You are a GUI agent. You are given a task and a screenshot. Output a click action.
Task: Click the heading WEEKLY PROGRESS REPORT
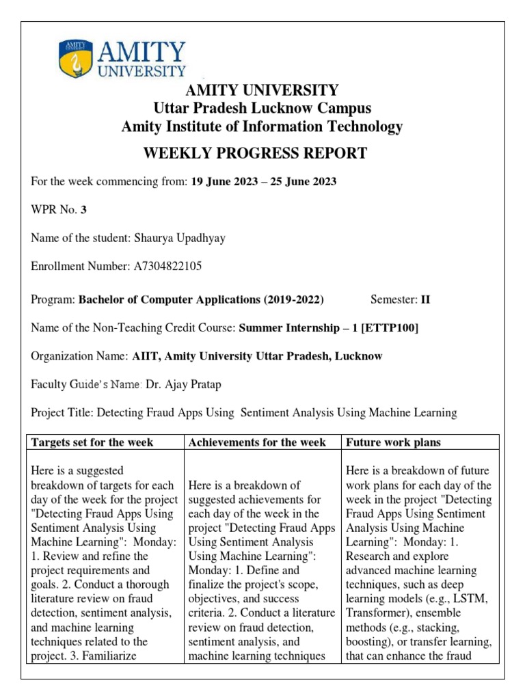click(x=254, y=153)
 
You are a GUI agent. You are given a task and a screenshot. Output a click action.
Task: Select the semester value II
click(x=425, y=299)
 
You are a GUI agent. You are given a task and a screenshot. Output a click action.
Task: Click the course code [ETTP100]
click(x=388, y=328)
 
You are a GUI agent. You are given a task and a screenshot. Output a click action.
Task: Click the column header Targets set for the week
click(x=91, y=442)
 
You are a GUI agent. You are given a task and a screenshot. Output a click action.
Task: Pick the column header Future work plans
click(x=393, y=442)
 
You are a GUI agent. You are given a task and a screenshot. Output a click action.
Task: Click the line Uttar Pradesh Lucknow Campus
click(x=262, y=108)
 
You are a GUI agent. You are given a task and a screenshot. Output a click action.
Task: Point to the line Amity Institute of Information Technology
click(x=262, y=126)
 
